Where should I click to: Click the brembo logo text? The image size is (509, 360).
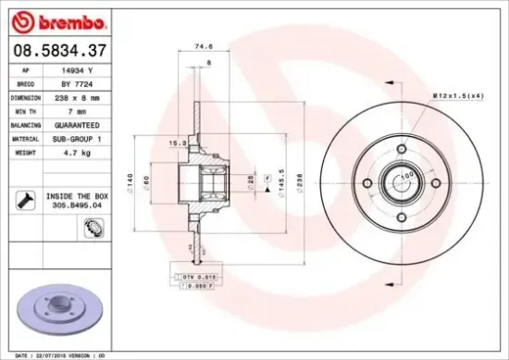[x=57, y=20]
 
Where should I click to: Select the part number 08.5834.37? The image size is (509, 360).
[x=59, y=49]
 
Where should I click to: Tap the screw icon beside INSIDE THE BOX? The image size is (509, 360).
[x=23, y=199]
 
